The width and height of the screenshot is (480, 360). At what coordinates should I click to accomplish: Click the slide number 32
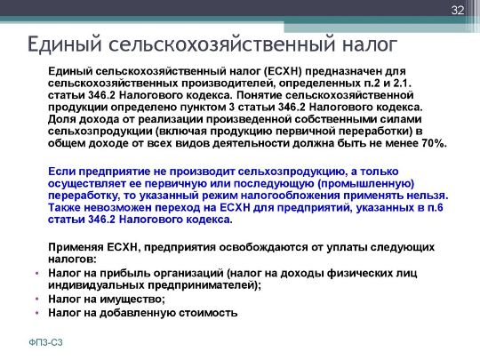tap(458, 11)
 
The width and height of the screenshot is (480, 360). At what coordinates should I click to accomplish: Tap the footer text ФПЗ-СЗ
tap(45, 342)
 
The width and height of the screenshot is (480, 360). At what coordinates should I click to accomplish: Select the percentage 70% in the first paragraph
tap(435, 143)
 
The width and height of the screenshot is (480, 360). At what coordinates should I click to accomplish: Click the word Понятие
tap(260, 95)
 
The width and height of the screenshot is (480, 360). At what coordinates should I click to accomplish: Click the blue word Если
tap(61, 172)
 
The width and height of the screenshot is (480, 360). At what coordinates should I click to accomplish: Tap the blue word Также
tap(64, 207)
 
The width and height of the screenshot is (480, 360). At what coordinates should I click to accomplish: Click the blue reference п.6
tap(436, 207)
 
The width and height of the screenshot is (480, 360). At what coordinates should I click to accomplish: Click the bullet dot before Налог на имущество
tap(37, 299)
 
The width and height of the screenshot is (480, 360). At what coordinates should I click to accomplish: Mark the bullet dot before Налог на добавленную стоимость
tap(37, 313)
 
